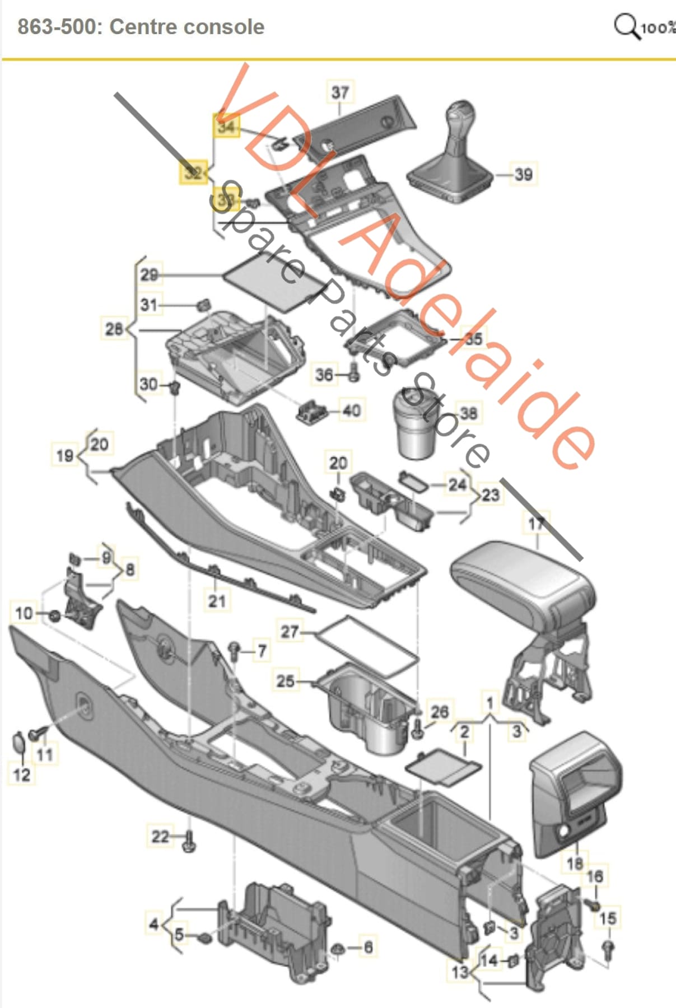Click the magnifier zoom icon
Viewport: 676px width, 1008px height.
(626, 26)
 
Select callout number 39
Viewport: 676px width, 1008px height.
(523, 174)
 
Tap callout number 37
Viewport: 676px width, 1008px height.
(340, 92)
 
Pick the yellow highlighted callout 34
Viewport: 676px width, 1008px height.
(226, 127)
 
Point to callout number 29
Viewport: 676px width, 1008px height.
(149, 275)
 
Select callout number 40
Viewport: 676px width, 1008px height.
(351, 410)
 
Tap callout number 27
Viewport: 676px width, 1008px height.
(289, 632)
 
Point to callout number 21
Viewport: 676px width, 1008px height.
(217, 601)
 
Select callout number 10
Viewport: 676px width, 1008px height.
(24, 613)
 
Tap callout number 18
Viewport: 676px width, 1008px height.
(574, 863)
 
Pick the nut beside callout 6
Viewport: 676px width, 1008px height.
(338, 948)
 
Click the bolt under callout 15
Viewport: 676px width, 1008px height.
(609, 949)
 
